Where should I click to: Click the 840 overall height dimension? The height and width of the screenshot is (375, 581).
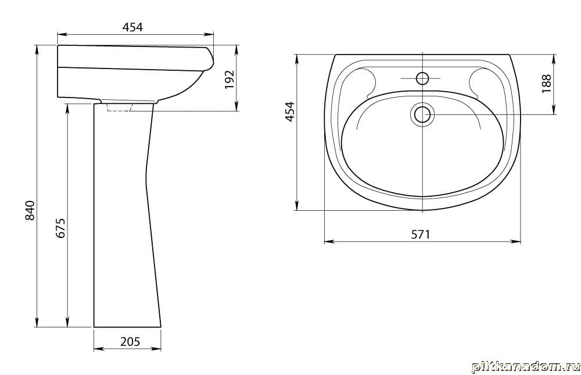tap(30, 210)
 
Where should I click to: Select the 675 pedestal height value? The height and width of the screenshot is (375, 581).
tap(60, 228)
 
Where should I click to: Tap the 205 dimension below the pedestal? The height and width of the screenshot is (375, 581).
tap(130, 341)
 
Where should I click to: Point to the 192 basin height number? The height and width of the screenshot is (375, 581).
tap(230, 79)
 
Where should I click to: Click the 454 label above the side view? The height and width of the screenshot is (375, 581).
tap(132, 27)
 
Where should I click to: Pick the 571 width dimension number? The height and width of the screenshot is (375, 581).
tap(421, 235)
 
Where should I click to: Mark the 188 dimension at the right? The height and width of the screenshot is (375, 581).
tap(547, 84)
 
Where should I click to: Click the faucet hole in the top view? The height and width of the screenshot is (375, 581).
tap(422, 78)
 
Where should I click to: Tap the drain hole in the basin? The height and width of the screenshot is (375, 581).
tap(422, 114)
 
